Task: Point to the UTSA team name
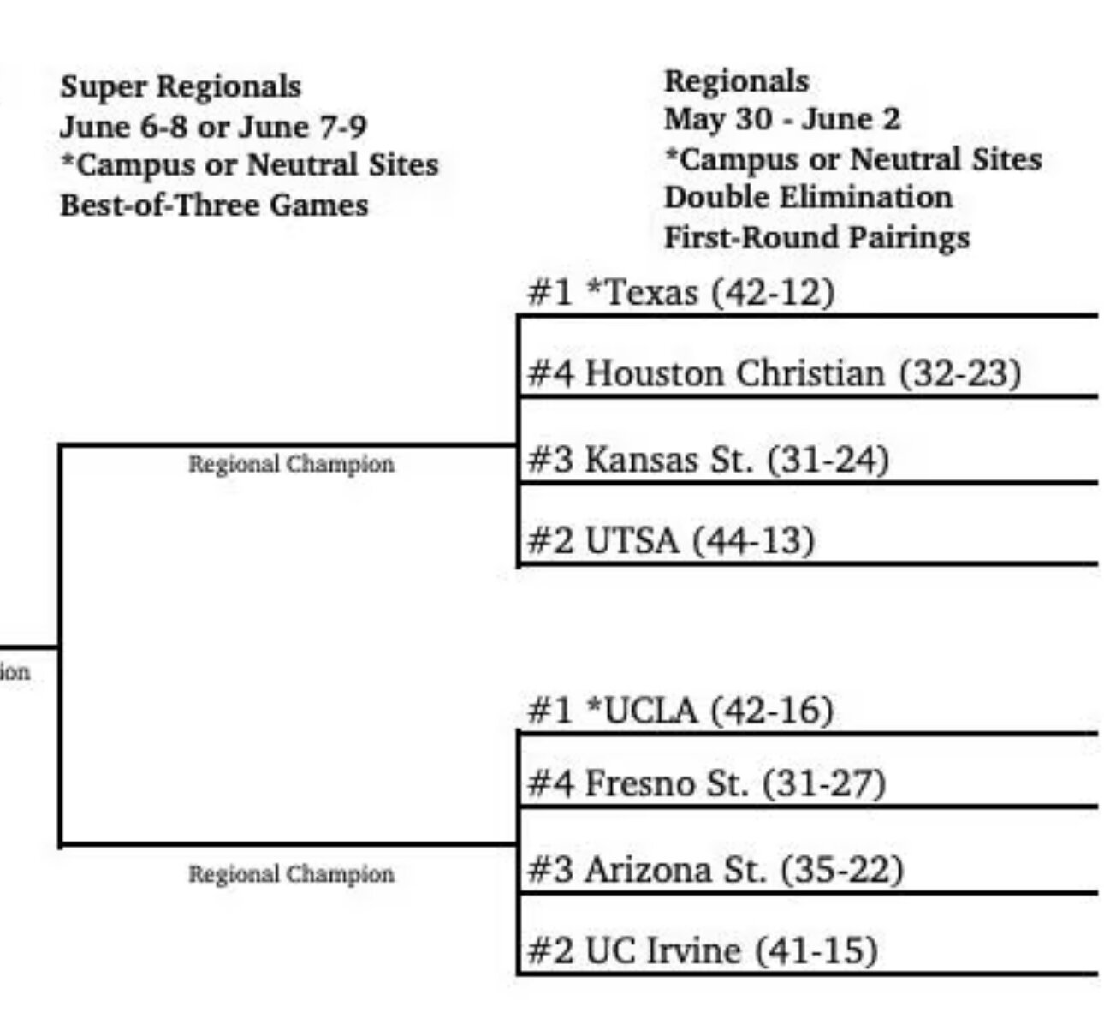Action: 632,540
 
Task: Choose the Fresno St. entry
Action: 707,783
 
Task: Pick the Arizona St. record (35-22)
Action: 842,870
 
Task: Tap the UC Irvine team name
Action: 663,950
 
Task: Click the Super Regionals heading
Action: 181,87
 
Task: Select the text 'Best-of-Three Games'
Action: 214,205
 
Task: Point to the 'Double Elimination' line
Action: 808,198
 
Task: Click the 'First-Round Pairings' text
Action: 817,237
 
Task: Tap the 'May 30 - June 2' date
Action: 782,119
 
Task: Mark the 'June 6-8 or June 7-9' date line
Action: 213,127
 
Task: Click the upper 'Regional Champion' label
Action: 291,464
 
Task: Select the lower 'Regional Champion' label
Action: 291,874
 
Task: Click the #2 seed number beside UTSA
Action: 550,540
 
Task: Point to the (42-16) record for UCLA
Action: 772,711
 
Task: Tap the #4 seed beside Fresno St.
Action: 550,783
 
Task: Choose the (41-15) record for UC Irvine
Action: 816,950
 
